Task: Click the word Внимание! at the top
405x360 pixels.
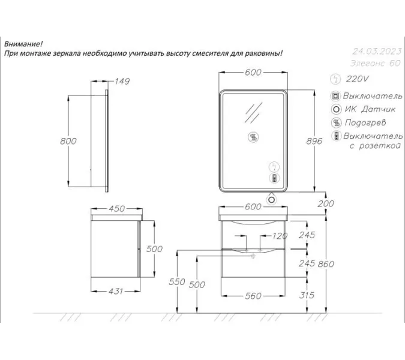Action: [23, 44]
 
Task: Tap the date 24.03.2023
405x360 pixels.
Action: [377, 52]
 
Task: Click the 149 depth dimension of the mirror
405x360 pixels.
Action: [122, 82]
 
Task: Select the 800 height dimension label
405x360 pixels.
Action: [68, 141]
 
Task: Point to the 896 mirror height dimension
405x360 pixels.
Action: [314, 141]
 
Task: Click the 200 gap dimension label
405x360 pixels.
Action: [326, 204]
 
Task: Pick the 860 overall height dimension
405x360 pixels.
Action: [326, 264]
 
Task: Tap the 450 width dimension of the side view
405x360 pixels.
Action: [117, 209]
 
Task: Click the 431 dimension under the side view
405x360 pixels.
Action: [115, 292]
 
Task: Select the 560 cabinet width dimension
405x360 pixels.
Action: [253, 296]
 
